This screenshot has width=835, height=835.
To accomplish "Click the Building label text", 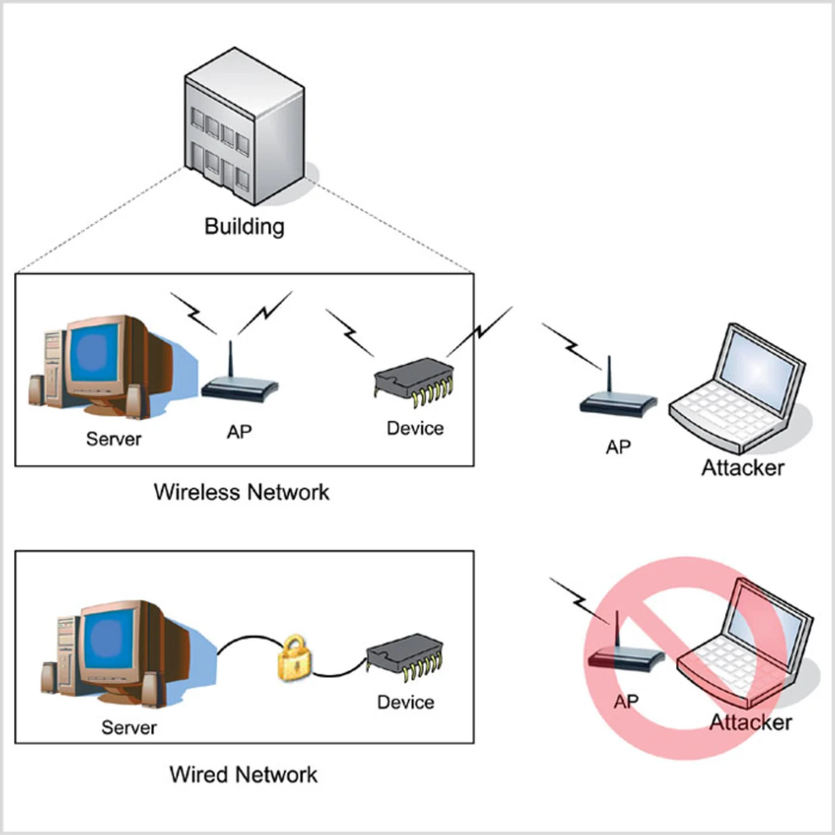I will [x=244, y=226].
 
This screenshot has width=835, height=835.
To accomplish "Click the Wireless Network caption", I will [x=241, y=492].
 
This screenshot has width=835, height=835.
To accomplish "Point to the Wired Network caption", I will [x=243, y=774].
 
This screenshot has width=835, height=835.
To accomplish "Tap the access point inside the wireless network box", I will [x=238, y=385].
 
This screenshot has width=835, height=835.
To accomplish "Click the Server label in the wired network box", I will [x=129, y=727].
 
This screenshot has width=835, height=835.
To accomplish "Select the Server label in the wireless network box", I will [x=114, y=438].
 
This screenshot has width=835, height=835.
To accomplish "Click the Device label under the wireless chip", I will [x=415, y=428].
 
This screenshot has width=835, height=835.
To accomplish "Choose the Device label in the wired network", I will [x=405, y=702].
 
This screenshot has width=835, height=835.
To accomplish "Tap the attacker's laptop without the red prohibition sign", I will [x=740, y=391].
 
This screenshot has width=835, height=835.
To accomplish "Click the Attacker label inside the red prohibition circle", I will [x=750, y=722].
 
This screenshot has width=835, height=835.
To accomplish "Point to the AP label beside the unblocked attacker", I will [x=618, y=448].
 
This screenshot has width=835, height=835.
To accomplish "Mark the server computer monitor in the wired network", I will [x=108, y=646].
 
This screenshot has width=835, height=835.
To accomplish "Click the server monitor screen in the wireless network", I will [x=95, y=356].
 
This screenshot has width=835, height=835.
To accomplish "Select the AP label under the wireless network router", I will [x=239, y=432].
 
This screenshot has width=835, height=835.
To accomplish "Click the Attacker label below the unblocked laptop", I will [x=742, y=468].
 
